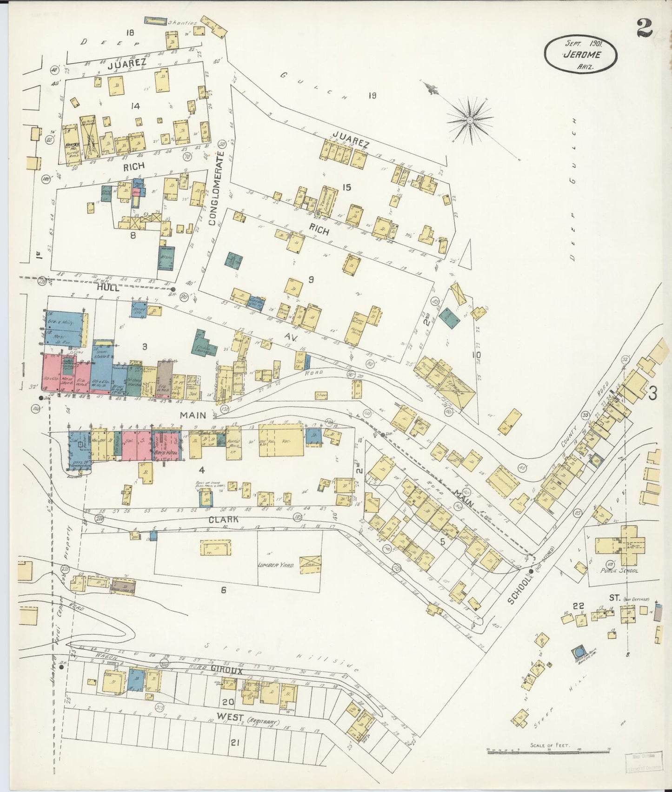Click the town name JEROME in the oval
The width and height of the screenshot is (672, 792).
(581, 54)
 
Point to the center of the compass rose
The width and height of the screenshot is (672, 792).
(470, 120)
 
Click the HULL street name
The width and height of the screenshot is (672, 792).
(108, 288)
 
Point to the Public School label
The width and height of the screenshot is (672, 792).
(619, 570)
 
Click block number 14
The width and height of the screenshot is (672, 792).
(135, 106)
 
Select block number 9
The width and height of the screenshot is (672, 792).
(311, 280)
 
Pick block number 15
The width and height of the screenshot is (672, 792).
(346, 187)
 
